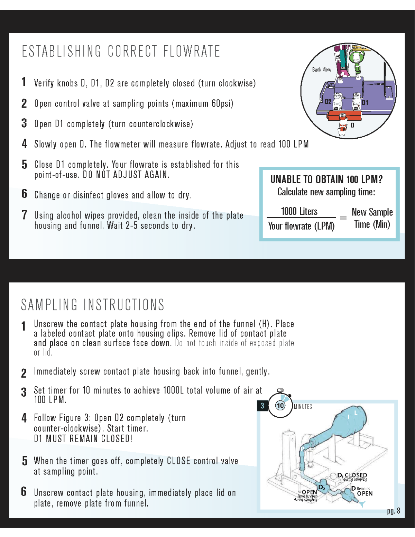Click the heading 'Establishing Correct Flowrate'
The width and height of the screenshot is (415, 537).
(121, 52)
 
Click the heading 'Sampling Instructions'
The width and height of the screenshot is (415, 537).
(93, 305)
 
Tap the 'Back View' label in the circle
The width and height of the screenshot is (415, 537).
(322, 70)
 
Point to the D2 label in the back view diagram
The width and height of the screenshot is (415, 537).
(328, 102)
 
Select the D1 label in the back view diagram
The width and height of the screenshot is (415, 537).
(365, 102)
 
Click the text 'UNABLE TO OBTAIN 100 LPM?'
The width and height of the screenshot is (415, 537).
(326, 179)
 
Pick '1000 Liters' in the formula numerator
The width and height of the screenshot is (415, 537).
(299, 211)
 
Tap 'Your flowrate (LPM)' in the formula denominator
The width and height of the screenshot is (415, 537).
(301, 226)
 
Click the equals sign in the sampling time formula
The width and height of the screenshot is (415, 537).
(343, 218)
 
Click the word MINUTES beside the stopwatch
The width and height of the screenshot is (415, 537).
(303, 407)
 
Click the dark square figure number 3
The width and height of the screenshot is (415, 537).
(262, 406)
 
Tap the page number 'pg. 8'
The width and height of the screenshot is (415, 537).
(394, 511)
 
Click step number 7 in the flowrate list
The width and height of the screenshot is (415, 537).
(24, 215)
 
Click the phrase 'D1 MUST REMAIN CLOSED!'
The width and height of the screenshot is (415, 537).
(83, 439)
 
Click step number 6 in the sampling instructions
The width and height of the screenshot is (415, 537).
(24, 491)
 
